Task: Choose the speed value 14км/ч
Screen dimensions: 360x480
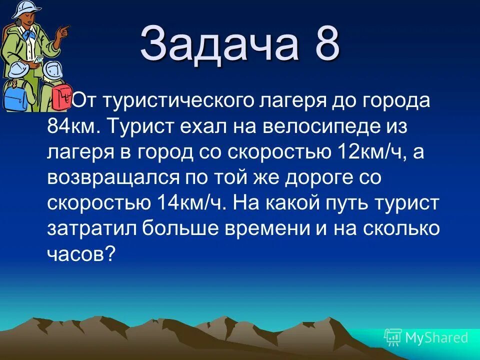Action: (192, 203)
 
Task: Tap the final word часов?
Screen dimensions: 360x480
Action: (82, 254)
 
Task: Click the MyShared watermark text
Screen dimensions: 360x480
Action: (436, 338)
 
